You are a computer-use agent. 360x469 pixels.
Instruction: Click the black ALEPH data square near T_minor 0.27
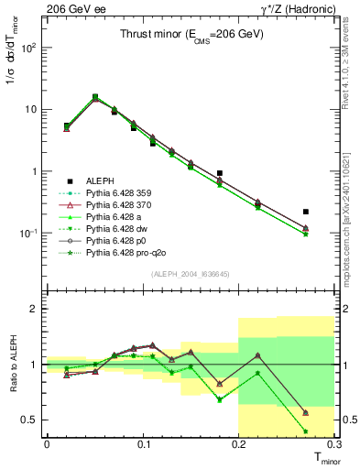pos(306,212)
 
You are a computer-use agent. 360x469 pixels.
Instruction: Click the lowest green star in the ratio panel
pos(306,431)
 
